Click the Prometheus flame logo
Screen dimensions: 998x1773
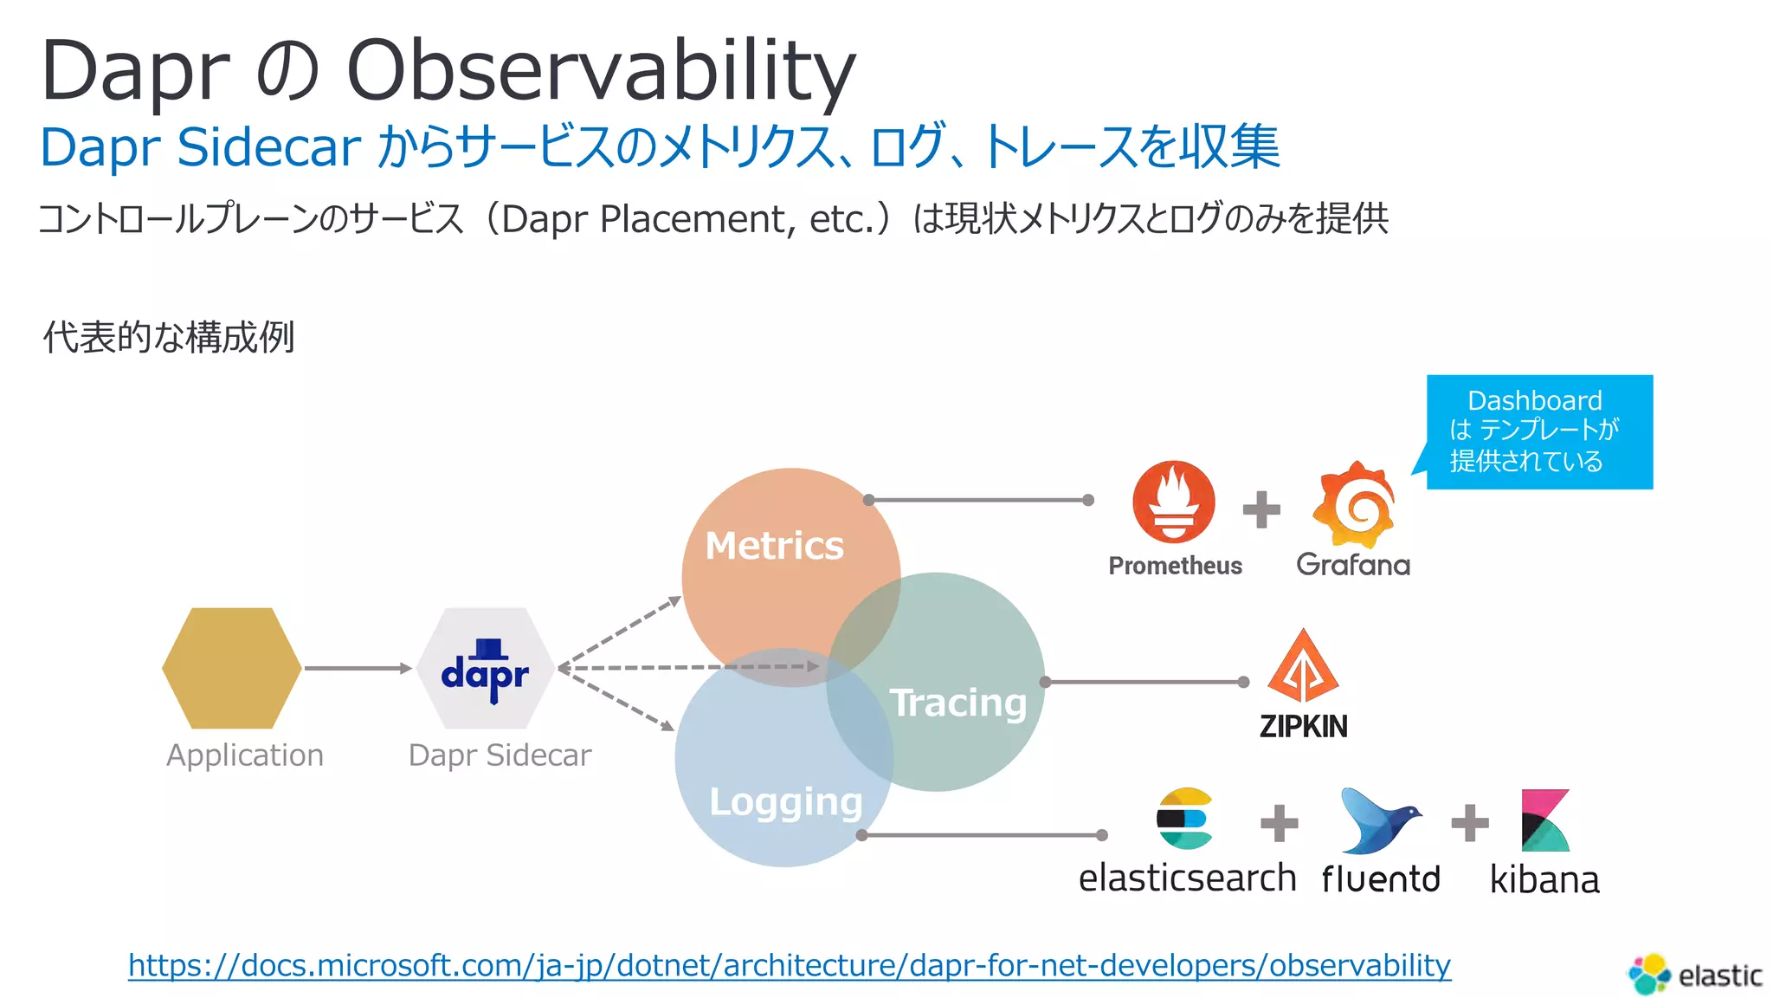coord(1173,502)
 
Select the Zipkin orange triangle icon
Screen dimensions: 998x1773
coord(1303,666)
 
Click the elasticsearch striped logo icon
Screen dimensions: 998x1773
coord(1183,818)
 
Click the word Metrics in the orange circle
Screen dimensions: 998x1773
coord(774,546)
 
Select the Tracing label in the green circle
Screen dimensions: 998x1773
coord(957,702)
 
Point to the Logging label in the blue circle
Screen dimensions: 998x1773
coord(785,801)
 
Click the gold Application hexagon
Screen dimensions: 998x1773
coord(232,668)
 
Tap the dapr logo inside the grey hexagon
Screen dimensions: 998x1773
coord(485,671)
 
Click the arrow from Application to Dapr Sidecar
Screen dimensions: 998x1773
coord(358,668)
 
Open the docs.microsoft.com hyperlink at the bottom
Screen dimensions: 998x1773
coord(789,965)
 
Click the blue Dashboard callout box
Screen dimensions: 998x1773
coord(1539,431)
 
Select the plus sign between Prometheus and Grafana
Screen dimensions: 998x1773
coord(1261,509)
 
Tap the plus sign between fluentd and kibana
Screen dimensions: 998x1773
coord(1470,823)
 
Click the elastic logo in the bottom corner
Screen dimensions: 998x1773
coord(1695,975)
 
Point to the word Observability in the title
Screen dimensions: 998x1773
coord(601,71)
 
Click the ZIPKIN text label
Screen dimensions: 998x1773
coord(1303,726)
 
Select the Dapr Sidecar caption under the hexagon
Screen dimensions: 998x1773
coord(500,755)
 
